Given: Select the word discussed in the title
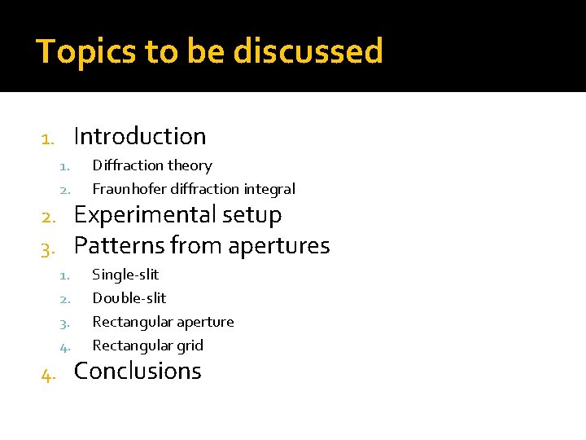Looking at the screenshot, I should pos(308,51).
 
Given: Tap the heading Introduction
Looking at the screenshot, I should pos(139,136).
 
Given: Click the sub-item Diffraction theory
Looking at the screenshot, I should pos(151,165).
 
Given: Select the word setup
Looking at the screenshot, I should pos(252,215).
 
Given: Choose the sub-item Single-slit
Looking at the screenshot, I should pos(125,275).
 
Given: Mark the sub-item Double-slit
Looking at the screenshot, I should pos(129,298).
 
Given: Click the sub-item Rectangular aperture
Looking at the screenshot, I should pos(163,322).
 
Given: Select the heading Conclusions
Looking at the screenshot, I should pos(138,371).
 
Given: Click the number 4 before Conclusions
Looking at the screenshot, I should pos(47,374).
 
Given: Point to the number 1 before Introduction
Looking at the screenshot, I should pos(46,139).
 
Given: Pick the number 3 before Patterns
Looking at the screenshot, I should pos(46,249).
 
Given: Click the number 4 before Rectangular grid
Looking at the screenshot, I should pos(64,347).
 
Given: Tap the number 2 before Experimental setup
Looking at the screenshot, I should pos(46,218).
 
